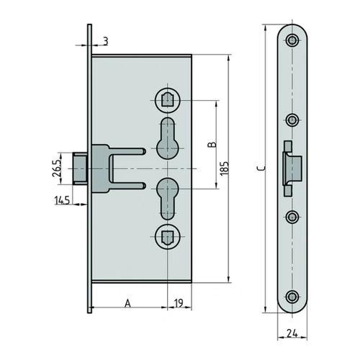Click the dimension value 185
[x=225, y=168]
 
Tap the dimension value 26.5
[x=57, y=168]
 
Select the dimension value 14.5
[x=62, y=200]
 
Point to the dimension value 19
[x=179, y=303]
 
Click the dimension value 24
[x=292, y=333]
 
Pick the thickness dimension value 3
[x=106, y=41]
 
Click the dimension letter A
[x=128, y=303]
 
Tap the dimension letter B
[x=212, y=144]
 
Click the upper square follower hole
[x=167, y=100]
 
